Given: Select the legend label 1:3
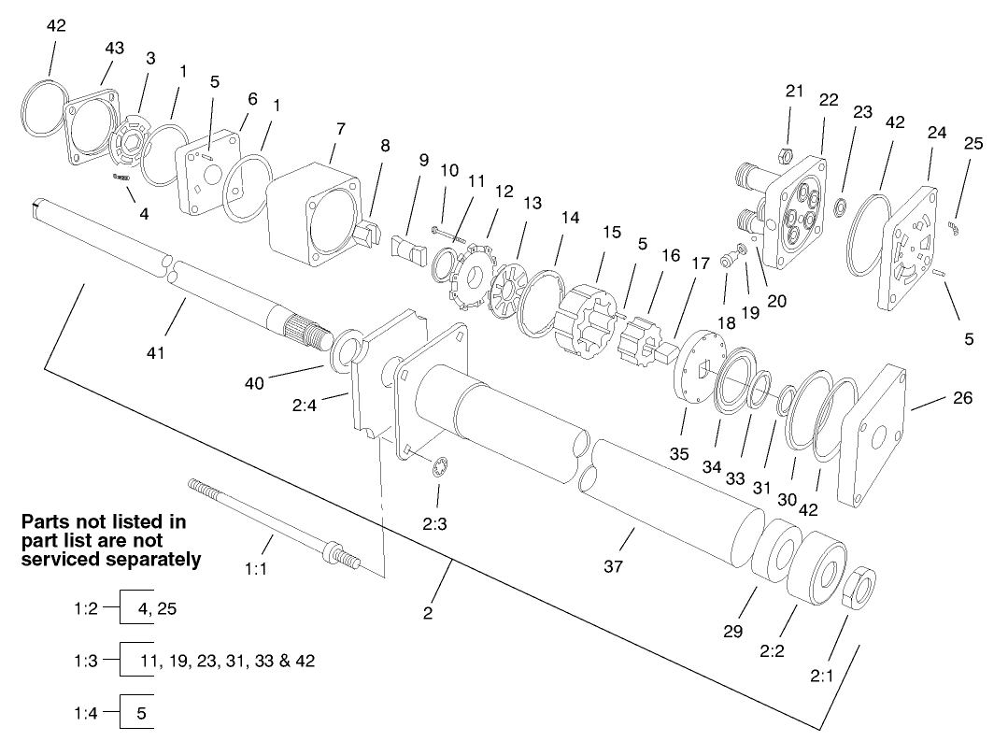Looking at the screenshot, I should click(85, 661).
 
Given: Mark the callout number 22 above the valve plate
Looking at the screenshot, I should click(829, 98).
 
